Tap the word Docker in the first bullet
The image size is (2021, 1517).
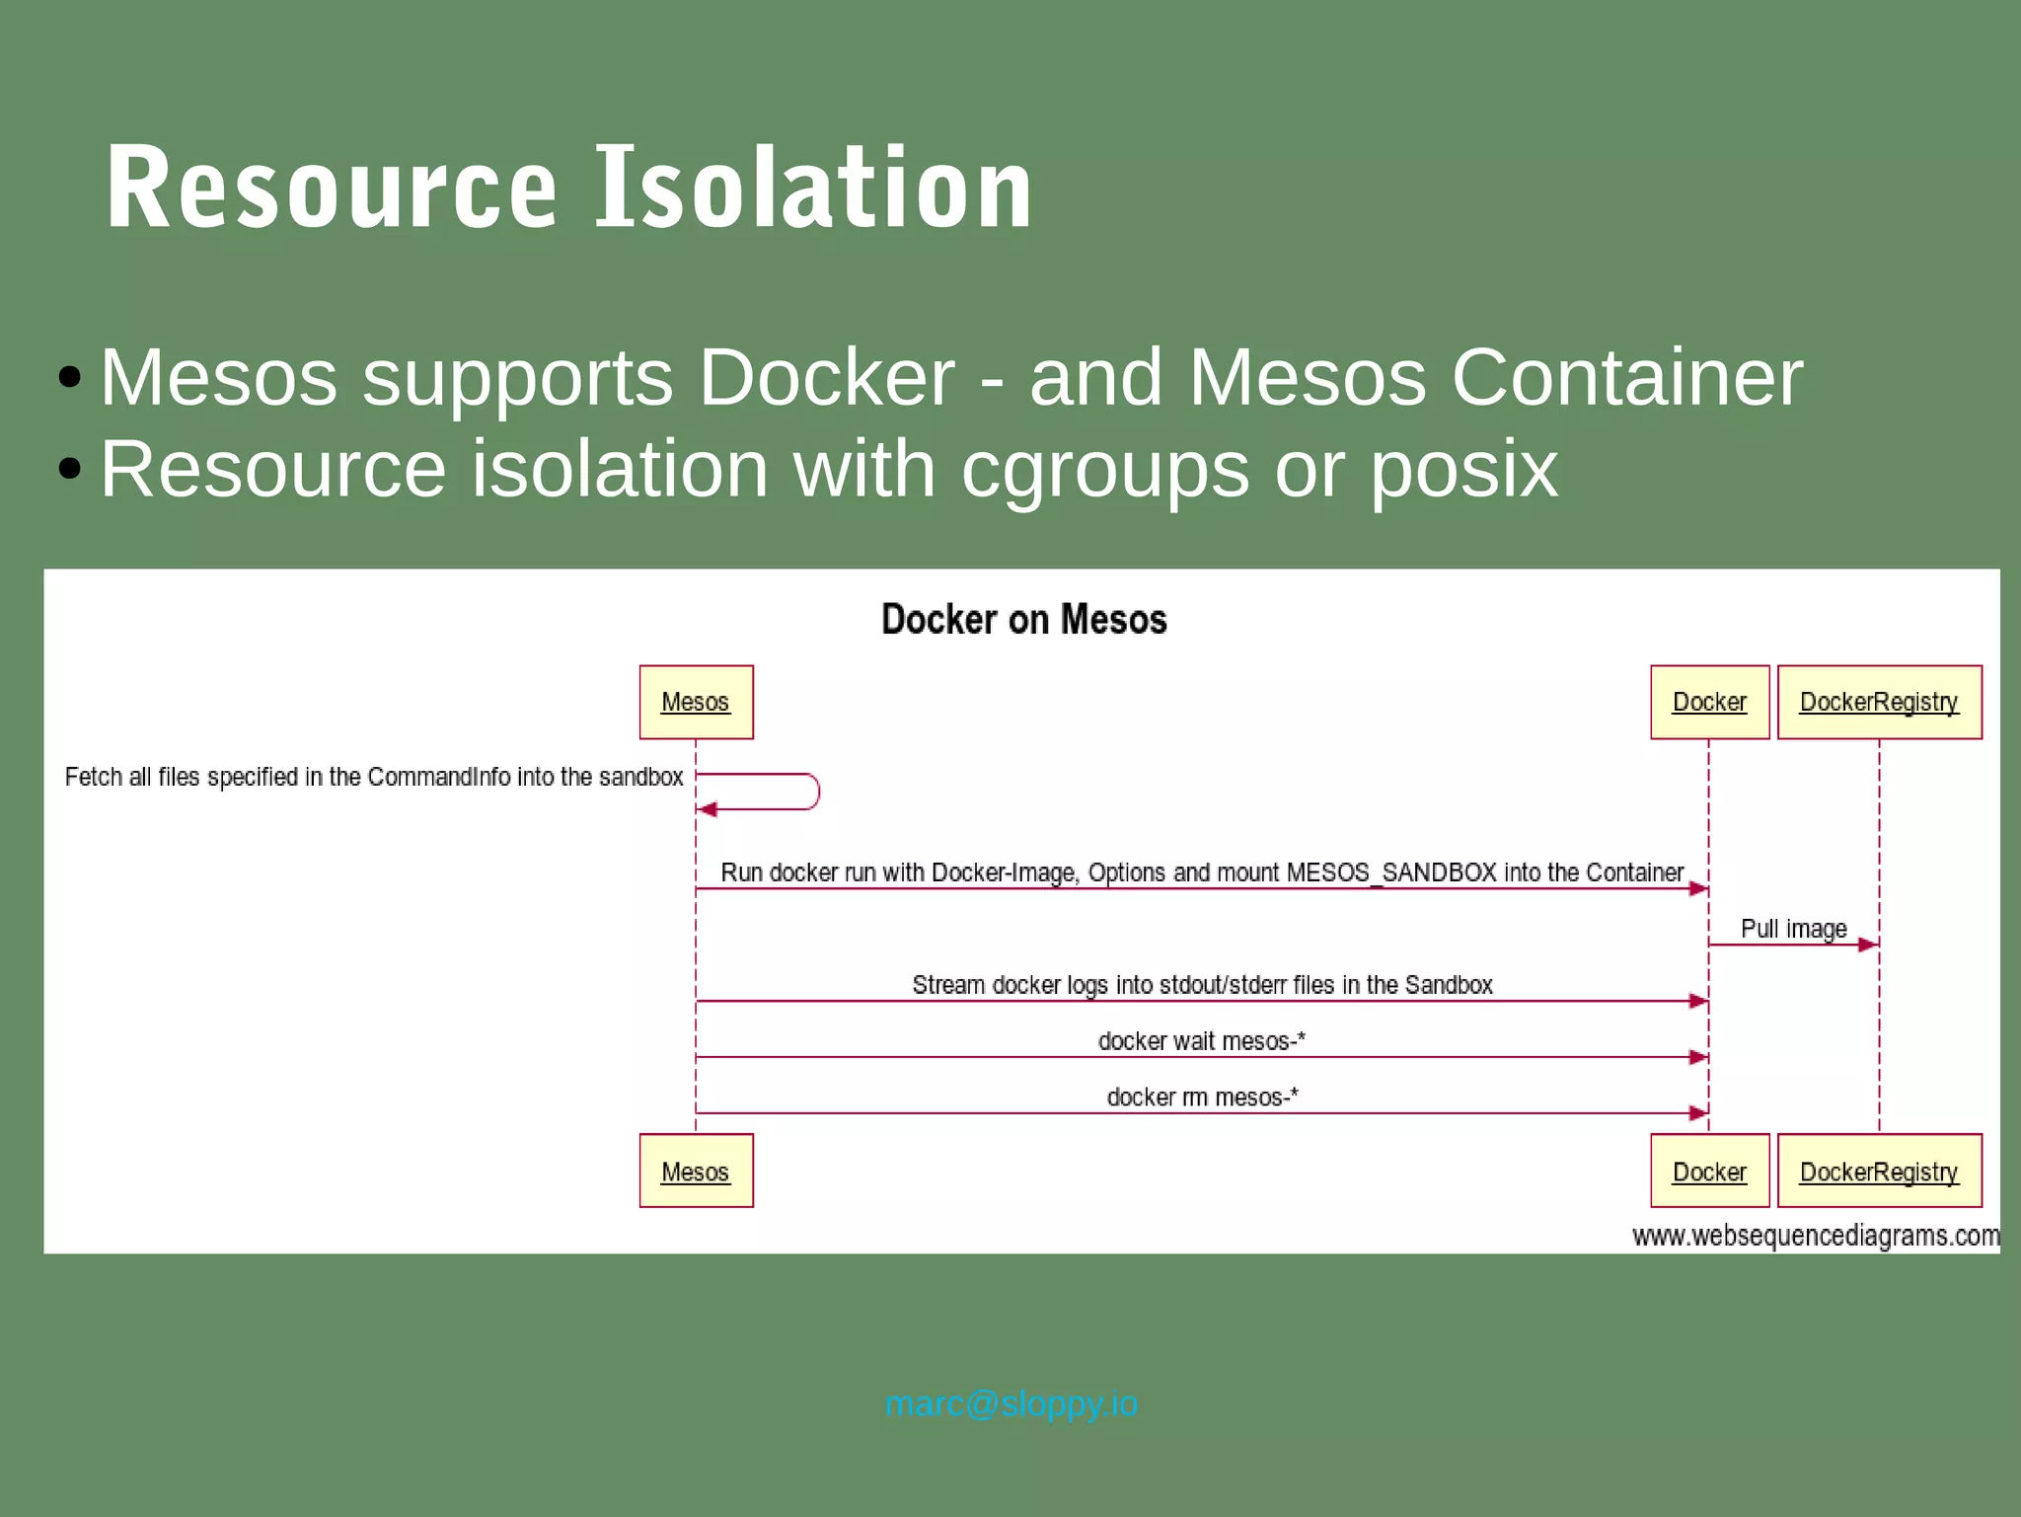pos(826,377)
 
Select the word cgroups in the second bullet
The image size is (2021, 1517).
pos(1104,470)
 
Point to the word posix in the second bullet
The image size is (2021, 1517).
pos(1462,470)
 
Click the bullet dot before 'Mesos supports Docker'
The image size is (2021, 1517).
pos(69,377)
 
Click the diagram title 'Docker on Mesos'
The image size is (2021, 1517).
pos(1023,620)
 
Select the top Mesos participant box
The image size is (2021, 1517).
pos(696,702)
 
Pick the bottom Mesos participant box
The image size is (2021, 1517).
pos(696,1171)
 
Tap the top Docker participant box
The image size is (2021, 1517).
pos(1709,702)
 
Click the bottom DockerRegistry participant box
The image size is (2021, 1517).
pos(1879,1171)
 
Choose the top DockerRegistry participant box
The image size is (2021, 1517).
pos(1879,702)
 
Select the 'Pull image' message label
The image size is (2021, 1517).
pos(1793,929)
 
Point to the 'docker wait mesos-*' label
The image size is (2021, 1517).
pos(1201,1041)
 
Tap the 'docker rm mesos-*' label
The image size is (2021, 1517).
pos(1202,1098)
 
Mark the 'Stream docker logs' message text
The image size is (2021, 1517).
pos(1201,985)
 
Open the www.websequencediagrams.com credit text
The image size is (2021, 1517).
pos(1815,1236)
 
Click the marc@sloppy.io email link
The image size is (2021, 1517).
pos(1010,1403)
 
